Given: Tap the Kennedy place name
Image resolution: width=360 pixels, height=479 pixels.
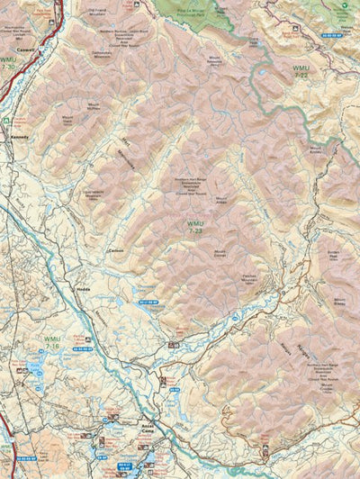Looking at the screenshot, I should point(20,138).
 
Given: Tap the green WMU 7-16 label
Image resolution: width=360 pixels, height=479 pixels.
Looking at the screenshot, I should point(52,342).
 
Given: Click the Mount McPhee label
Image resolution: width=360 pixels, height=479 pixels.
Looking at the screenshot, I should point(93,105).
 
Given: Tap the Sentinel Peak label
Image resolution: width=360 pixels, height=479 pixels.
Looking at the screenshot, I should point(334,256).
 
